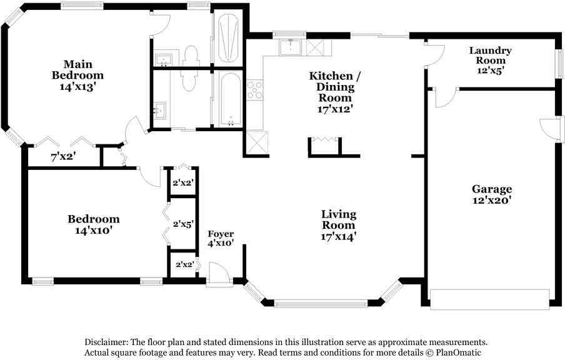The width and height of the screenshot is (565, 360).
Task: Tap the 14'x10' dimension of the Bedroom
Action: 93,230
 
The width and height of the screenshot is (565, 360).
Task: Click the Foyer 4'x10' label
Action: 221,238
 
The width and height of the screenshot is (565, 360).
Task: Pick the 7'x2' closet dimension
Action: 62,157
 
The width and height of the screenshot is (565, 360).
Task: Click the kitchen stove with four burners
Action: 255,90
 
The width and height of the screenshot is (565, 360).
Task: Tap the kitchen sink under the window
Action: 291,47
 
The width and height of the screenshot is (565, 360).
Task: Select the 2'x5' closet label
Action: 183,223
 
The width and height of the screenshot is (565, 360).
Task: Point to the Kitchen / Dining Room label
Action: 335,86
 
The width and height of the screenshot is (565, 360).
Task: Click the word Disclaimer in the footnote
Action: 106,342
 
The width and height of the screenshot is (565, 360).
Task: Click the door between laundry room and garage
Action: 444,97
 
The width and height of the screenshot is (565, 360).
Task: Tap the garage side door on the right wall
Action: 548,129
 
